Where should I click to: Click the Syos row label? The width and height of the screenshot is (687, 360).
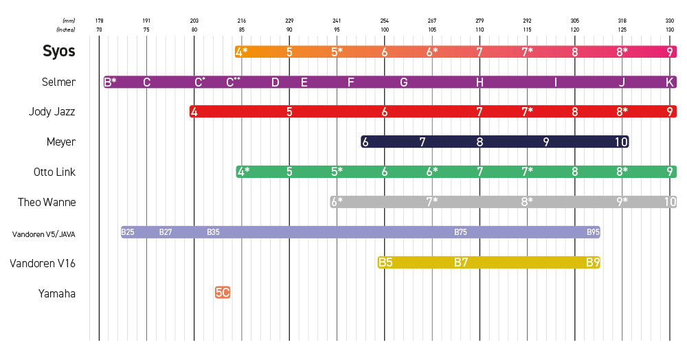59,52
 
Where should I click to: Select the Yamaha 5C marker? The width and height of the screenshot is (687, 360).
223,293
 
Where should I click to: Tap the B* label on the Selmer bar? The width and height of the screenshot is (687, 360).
110,82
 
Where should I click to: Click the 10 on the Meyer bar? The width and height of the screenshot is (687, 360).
621,142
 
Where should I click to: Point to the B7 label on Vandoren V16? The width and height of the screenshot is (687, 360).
461,262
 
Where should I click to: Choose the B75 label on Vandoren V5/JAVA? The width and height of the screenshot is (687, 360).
461,232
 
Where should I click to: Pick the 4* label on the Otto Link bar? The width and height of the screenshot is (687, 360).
243,172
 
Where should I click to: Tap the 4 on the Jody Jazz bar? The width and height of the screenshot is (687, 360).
194,112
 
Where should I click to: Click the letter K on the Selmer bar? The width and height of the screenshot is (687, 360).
670,82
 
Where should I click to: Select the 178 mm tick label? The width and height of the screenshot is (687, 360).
99,21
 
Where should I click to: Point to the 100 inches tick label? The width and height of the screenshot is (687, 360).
385,30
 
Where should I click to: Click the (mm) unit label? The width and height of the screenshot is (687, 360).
69,21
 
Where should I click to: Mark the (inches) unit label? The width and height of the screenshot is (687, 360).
66,30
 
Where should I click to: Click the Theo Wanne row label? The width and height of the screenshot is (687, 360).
47,202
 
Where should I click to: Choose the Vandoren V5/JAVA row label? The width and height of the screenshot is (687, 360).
43,234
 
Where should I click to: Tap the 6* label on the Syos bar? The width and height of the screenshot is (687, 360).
432,52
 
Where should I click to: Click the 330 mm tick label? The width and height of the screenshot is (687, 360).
670,21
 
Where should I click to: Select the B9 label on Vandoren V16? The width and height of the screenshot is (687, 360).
593,262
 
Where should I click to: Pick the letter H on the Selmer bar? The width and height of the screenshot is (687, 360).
480,82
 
